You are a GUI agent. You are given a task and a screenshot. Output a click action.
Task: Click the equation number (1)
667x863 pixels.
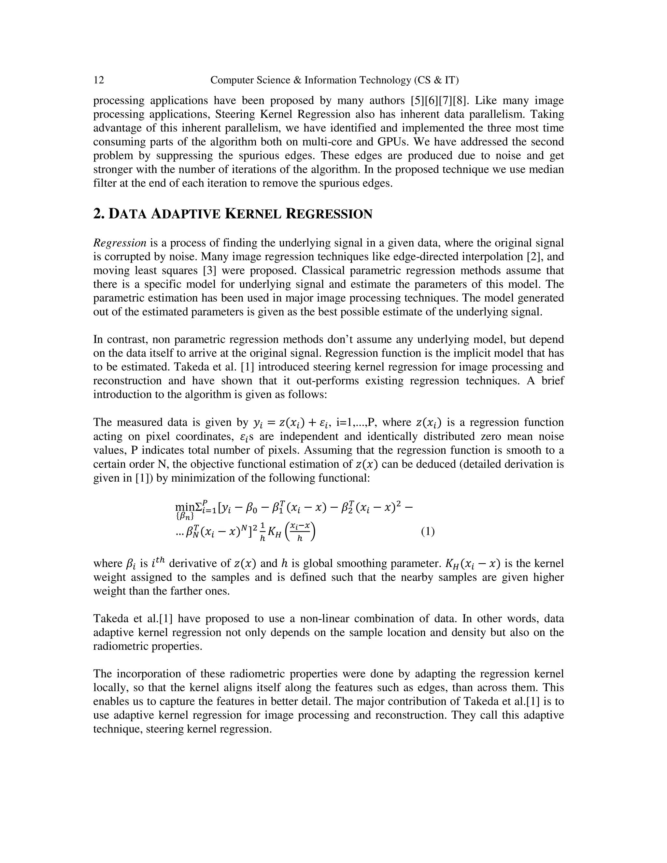click(428, 531)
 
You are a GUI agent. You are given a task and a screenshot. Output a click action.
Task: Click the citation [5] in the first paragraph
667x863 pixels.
click(418, 100)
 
